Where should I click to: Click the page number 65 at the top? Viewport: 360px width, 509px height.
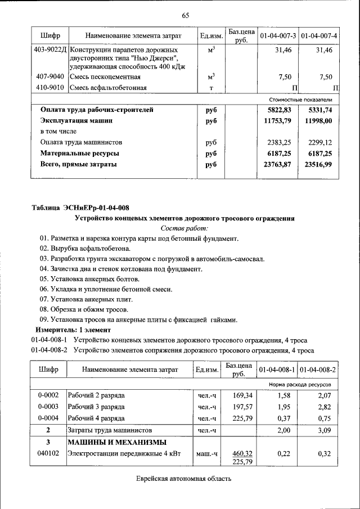pyautogui.click(x=185, y=15)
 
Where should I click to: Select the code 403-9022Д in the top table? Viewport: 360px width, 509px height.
pyautogui.click(x=51, y=51)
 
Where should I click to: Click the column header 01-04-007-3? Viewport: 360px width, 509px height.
pyautogui.click(x=277, y=37)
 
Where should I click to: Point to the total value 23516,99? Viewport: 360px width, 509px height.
pyautogui.click(x=318, y=164)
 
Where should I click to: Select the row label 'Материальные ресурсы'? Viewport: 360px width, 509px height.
pyautogui.click(x=79, y=154)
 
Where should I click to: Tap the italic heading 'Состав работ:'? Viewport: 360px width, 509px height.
pyautogui.click(x=184, y=228)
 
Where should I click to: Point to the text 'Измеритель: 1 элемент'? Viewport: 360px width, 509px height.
pyautogui.click(x=73, y=330)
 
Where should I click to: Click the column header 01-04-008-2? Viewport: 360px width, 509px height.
pyautogui.click(x=318, y=370)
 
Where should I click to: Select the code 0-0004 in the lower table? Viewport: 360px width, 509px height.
pyautogui.click(x=48, y=418)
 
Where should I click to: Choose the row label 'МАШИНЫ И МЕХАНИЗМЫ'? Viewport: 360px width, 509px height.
pyautogui.click(x=117, y=442)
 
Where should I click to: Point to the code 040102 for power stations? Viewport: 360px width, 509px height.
pyautogui.click(x=48, y=453)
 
